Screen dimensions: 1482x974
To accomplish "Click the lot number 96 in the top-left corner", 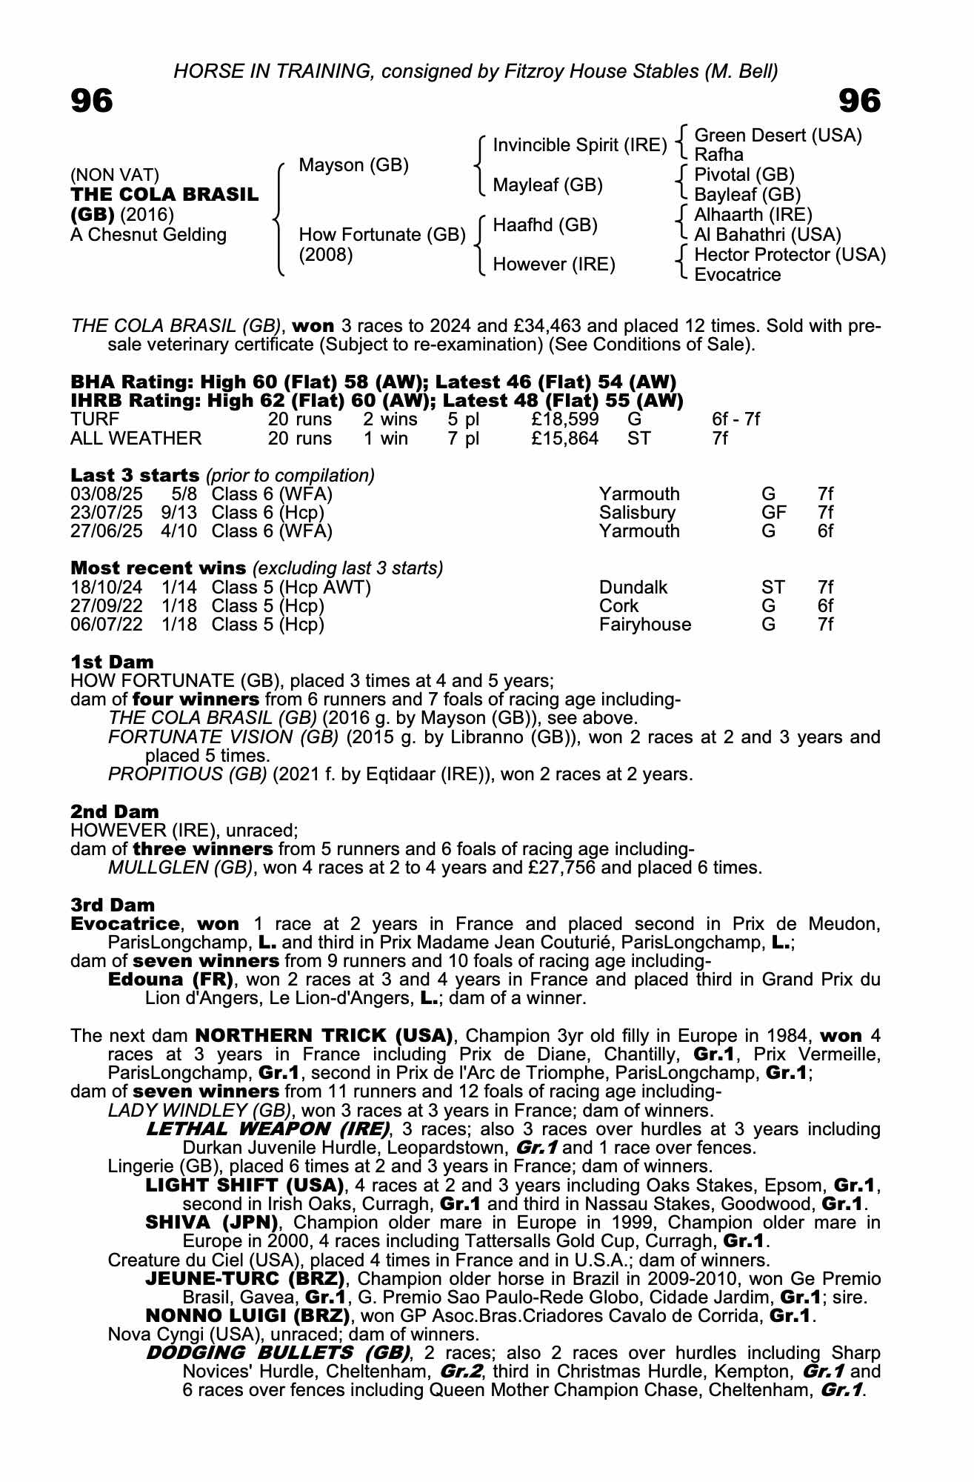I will point(92,101).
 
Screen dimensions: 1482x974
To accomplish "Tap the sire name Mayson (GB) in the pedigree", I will point(353,165).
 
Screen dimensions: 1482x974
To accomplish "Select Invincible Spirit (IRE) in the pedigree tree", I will point(579,145).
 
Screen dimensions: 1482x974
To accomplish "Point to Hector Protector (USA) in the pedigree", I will point(790,255).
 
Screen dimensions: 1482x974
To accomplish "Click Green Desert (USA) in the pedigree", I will point(778,136).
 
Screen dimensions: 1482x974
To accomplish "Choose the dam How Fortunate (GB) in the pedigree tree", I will point(381,235).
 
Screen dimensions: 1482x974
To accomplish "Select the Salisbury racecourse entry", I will point(637,513).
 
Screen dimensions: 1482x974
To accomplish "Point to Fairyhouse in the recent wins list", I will point(644,625).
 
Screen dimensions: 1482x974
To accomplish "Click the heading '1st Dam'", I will point(112,662).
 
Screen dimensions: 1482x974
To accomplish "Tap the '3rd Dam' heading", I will point(113,905).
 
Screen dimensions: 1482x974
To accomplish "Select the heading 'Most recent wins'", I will point(158,568).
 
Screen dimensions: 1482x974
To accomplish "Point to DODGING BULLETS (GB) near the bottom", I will point(278,1353).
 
